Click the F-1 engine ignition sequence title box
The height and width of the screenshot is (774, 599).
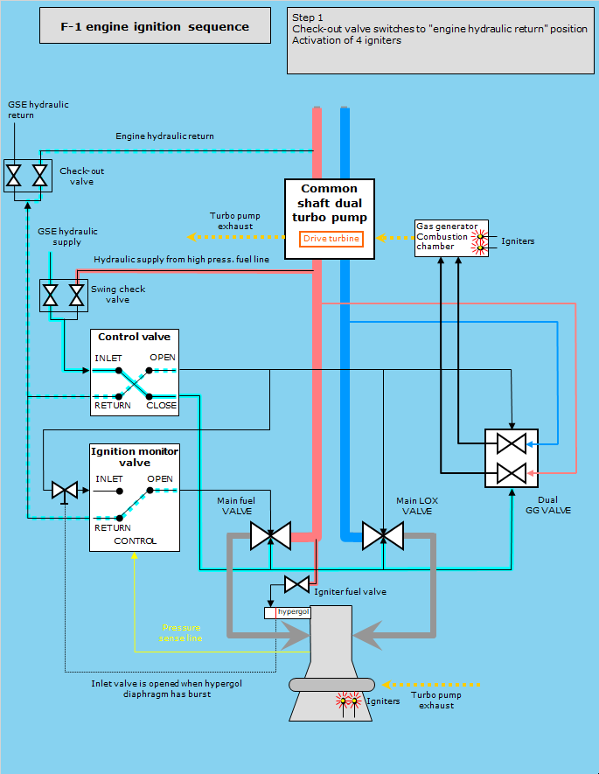[x=155, y=27]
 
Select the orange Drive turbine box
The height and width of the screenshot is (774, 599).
[x=331, y=239]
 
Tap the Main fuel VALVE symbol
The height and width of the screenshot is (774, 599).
[x=270, y=535]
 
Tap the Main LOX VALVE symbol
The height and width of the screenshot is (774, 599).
[x=383, y=535]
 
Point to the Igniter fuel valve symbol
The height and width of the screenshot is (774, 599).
[x=296, y=583]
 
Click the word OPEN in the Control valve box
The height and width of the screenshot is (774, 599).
[x=162, y=358]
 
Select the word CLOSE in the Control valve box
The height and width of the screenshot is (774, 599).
[x=162, y=405]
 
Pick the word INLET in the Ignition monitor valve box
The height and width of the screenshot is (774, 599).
[x=108, y=479]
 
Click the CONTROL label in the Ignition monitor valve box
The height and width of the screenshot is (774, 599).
[x=135, y=540]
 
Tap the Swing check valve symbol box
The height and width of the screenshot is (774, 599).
[x=63, y=296]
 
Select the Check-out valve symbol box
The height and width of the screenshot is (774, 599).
[x=26, y=175]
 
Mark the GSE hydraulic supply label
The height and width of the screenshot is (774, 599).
[x=67, y=236]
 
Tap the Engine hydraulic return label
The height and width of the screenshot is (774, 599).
[x=164, y=136]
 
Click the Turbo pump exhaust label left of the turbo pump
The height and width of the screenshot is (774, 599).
[x=231, y=220]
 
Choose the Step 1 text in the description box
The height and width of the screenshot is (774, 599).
[x=308, y=17]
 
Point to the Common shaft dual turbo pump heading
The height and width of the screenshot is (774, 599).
[x=330, y=202]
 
